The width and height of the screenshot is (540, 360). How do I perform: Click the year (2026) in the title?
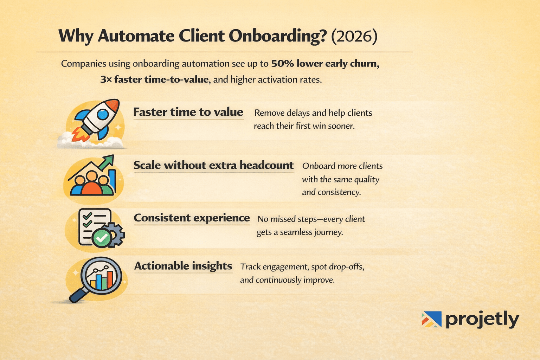tap(354, 36)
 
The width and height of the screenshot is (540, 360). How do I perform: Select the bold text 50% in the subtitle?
tap(282, 64)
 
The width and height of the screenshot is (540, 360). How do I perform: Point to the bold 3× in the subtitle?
tap(105, 79)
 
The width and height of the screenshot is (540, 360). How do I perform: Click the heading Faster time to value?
tap(188, 112)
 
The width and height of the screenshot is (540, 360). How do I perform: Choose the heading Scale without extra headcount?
tap(213, 165)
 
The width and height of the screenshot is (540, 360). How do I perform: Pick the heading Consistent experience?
tap(192, 218)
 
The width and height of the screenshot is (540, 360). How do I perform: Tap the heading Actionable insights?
tap(183, 266)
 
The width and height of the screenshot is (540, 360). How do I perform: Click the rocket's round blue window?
tap(102, 114)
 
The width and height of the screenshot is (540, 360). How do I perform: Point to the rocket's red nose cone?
tap(114, 104)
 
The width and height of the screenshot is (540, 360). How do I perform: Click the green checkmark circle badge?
tap(102, 238)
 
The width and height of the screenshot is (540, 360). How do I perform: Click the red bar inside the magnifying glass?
tap(110, 279)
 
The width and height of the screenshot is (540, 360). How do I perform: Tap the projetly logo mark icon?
tap(431, 319)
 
